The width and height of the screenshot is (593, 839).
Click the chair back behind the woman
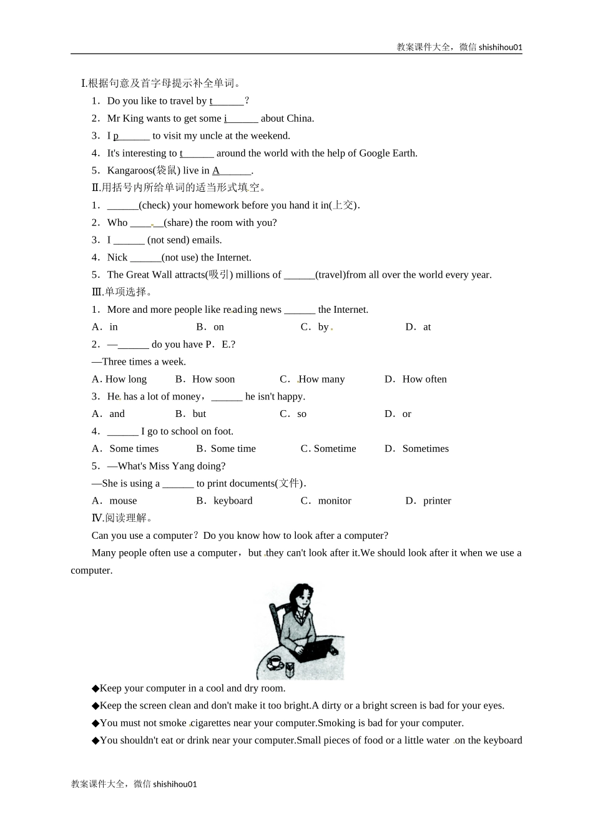tap(275, 624)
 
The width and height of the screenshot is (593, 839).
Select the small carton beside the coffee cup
tap(289, 670)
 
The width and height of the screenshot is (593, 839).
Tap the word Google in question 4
tap(360, 153)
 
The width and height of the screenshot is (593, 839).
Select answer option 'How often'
tap(424, 379)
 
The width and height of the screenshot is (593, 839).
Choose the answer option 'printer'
tap(437, 501)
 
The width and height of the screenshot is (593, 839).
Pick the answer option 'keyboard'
tap(233, 501)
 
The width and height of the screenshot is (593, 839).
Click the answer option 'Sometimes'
tap(426, 448)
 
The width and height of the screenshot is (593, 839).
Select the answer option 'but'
tap(199, 414)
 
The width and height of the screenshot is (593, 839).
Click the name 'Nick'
tap(117, 257)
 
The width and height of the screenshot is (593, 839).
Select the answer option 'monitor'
tap(335, 501)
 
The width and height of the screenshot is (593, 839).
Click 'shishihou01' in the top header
tap(500, 47)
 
